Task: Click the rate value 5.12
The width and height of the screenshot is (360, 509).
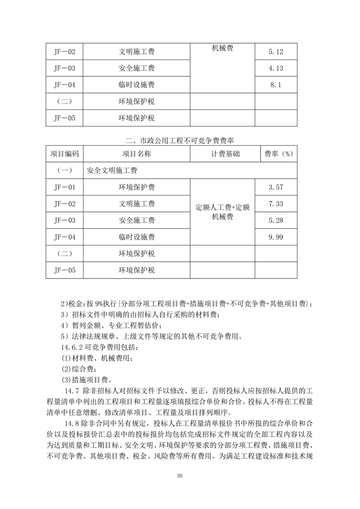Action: (x=276, y=52)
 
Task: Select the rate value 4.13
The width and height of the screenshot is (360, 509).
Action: (x=276, y=69)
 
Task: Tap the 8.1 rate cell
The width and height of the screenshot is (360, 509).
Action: (x=276, y=85)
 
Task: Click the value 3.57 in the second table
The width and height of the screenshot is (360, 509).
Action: (x=276, y=187)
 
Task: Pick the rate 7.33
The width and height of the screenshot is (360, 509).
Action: (x=276, y=204)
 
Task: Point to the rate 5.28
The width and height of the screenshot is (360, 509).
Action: (x=276, y=220)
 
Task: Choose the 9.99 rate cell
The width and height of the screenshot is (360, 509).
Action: (x=276, y=237)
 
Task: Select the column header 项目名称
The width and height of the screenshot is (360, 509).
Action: (x=136, y=154)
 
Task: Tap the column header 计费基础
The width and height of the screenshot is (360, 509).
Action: (x=222, y=154)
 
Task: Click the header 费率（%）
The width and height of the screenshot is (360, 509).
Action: (x=276, y=154)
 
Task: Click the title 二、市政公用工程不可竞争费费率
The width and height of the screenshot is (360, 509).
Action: (x=180, y=140)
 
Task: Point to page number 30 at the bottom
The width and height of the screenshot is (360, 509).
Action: (x=180, y=476)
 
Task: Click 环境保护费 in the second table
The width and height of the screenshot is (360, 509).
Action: (x=136, y=187)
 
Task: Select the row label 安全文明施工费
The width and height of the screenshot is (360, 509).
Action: (x=112, y=171)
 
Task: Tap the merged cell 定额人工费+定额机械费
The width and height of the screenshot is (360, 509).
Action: (x=222, y=212)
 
